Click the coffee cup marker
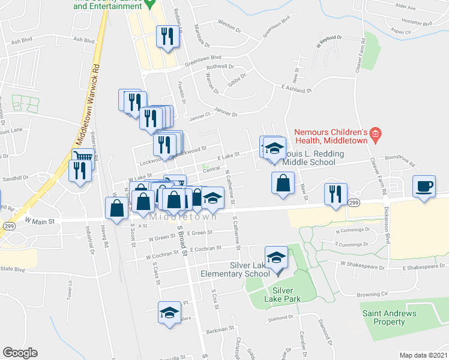(425, 185)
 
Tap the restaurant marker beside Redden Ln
(166, 37)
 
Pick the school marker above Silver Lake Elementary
(276, 258)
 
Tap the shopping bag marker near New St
(283, 183)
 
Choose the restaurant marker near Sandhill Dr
(79, 171)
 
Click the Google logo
(20, 353)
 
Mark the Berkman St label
(220, 329)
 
